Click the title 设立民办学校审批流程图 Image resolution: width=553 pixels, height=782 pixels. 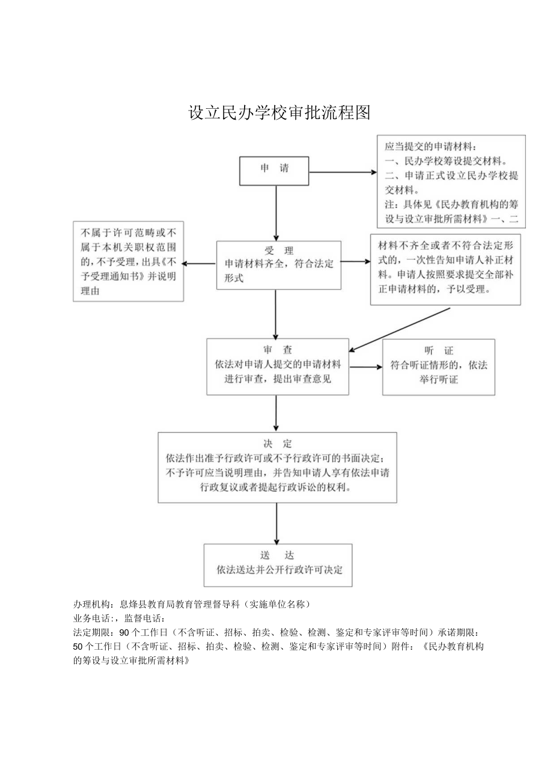click(x=280, y=112)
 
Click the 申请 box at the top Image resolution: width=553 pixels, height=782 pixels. click(x=274, y=171)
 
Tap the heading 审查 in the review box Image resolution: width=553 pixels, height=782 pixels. click(x=277, y=350)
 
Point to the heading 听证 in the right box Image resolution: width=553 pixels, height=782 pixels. click(x=438, y=350)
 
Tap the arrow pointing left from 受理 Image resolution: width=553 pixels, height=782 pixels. click(x=199, y=263)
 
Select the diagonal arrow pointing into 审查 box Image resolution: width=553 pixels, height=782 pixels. click(x=399, y=329)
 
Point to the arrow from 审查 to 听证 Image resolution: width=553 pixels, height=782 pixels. click(x=365, y=366)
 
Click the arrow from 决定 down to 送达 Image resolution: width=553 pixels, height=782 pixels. click(x=276, y=523)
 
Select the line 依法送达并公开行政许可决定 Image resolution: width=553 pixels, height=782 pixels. click(x=280, y=570)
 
